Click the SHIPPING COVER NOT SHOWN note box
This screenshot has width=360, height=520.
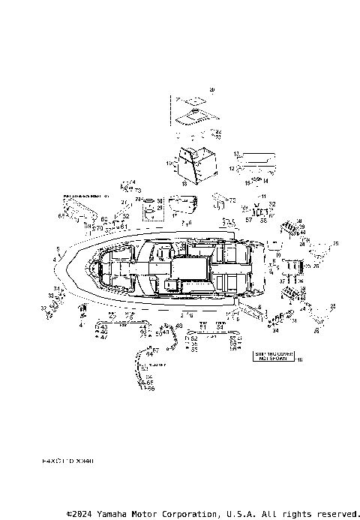(272, 356)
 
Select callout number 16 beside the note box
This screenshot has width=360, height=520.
(300, 361)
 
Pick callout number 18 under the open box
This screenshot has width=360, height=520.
(184, 183)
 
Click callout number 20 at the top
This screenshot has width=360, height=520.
(211, 90)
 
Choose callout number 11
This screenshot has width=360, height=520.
(262, 196)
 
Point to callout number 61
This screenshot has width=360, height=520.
(124, 226)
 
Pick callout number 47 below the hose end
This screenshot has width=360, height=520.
(104, 338)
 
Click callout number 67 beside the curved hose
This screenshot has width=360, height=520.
(156, 350)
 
